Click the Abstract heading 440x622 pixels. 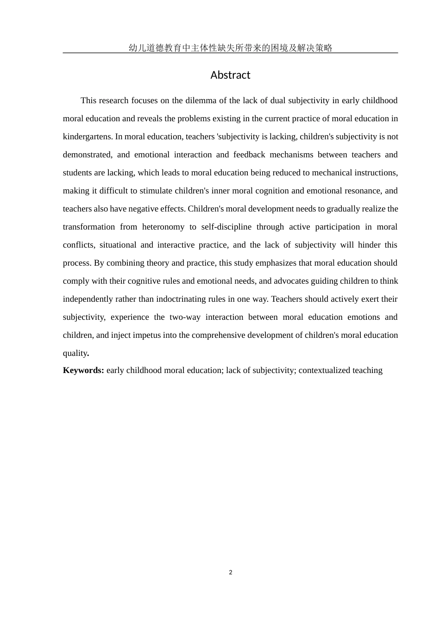point(230,75)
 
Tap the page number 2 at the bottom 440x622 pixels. point(231,572)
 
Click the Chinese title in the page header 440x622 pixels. point(230,48)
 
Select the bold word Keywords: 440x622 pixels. point(83,370)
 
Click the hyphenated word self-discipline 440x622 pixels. point(226,227)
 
